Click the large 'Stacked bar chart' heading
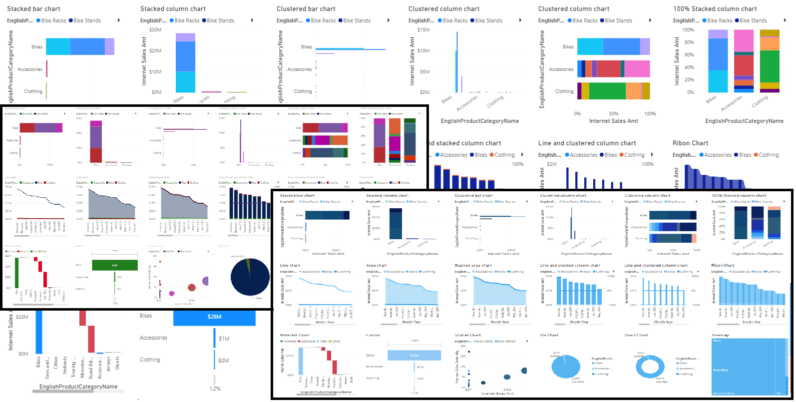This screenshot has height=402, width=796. tap(33, 9)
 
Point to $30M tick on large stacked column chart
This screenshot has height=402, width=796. tap(155, 30)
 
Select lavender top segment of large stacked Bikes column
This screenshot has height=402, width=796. tap(185, 37)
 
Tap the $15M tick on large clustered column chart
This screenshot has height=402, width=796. tap(423, 30)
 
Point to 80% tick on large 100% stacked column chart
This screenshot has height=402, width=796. tap(689, 42)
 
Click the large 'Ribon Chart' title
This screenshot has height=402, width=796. tap(690, 143)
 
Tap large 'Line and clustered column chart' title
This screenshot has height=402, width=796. tap(587, 143)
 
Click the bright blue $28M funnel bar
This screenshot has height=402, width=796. tap(214, 317)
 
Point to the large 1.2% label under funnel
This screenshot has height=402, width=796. tap(215, 389)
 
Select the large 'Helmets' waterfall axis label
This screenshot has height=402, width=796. tap(65, 365)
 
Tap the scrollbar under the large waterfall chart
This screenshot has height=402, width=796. tap(63, 392)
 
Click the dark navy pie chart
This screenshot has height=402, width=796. tap(250, 277)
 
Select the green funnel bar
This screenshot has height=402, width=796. tap(115, 265)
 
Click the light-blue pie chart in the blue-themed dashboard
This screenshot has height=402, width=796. tap(565, 367)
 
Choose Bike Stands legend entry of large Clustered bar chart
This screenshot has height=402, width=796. tap(357, 20)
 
